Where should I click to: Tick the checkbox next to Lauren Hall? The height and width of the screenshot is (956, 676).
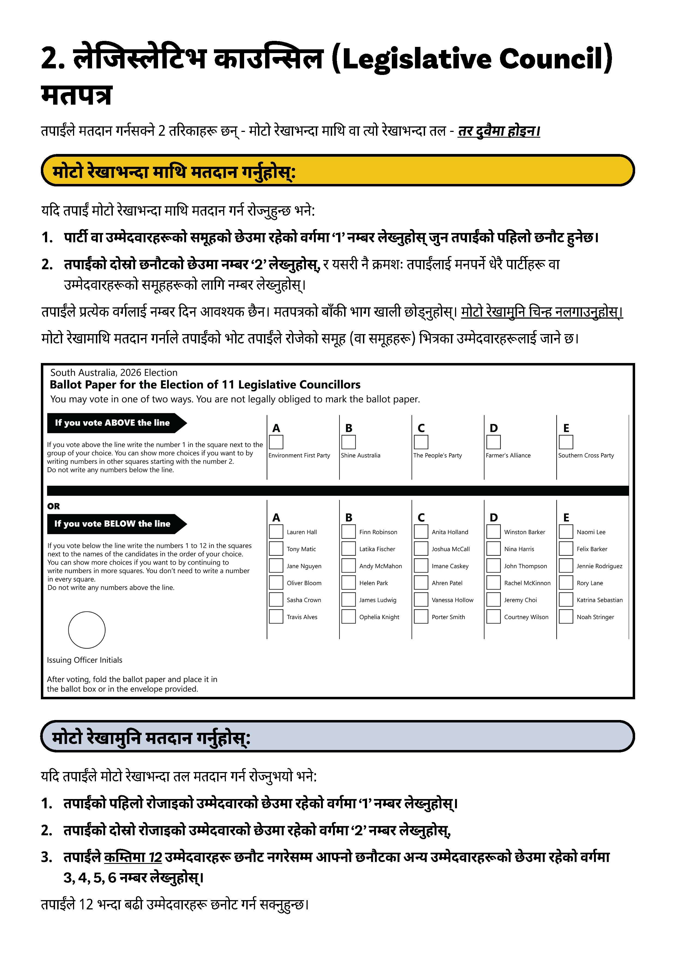coord(276,532)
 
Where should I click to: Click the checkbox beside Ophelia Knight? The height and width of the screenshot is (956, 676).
coord(348,617)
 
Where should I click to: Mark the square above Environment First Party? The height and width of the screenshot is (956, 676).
coord(276,442)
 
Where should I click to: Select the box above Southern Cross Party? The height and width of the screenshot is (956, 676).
coord(566,442)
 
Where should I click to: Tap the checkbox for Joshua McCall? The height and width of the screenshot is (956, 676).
coord(421,549)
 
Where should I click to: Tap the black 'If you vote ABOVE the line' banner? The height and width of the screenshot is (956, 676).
coord(112,423)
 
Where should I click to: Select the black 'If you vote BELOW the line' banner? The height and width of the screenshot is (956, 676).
coord(112,524)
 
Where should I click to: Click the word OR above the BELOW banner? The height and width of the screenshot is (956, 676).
coord(54,506)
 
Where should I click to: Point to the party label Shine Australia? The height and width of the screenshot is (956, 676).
coord(360,455)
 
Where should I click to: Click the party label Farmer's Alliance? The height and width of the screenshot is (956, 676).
coord(508,455)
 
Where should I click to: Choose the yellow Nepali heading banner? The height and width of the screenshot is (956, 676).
coord(337,170)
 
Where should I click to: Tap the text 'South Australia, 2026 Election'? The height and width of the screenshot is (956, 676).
coord(114,373)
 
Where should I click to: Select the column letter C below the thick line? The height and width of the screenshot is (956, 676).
coord(421,518)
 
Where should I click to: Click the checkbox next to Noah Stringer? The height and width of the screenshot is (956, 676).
coord(566,617)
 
